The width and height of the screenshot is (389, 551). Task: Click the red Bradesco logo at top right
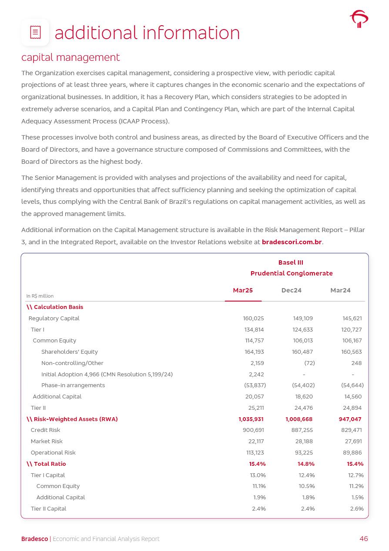point(359,19)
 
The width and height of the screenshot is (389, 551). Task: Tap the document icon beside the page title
point(35,32)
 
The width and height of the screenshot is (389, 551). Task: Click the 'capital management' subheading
point(70,57)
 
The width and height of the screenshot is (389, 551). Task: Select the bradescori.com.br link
point(292,242)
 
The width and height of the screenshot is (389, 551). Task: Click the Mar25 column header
point(243,290)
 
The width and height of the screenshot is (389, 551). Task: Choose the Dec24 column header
point(292,290)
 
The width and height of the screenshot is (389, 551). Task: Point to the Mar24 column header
point(340,290)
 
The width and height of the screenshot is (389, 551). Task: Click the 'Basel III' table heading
point(291,262)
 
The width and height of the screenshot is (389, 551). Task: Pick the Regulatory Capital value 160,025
point(253,319)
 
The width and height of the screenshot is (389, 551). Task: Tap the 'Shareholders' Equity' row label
point(70,352)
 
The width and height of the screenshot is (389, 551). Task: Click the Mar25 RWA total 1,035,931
point(251,419)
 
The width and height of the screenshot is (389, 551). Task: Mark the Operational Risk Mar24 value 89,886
point(352,453)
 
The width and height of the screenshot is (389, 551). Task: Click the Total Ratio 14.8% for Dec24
point(306,464)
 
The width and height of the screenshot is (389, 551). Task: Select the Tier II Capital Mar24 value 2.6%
point(357,509)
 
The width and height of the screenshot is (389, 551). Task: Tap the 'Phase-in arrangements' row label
point(73,385)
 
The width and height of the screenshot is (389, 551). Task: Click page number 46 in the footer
point(364,539)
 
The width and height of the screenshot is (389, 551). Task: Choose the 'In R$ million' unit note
point(40,296)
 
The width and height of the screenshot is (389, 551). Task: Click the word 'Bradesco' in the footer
point(35,539)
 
